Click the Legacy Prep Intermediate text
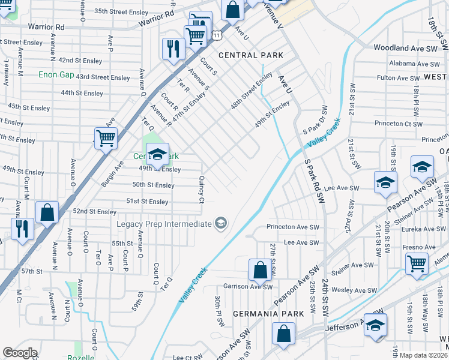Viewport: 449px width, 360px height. click(x=164, y=224)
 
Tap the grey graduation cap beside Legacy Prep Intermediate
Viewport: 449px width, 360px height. click(x=221, y=224)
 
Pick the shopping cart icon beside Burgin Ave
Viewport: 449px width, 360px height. click(x=106, y=139)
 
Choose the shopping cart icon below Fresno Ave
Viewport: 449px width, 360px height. click(x=417, y=263)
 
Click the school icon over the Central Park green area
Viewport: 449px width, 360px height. click(x=157, y=155)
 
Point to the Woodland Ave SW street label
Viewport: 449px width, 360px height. click(x=406, y=47)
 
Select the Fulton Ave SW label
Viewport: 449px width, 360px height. click(x=398, y=78)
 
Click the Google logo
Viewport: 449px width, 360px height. click(x=20, y=353)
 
